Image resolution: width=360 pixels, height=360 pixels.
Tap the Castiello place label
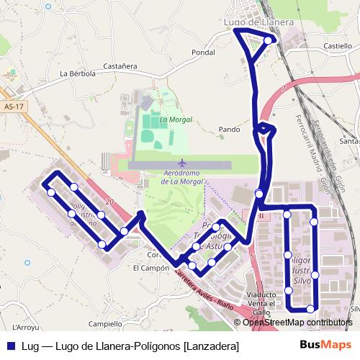[338, 45]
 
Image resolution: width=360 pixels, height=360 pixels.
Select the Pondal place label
[204, 53]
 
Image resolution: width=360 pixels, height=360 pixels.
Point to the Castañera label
[120, 66]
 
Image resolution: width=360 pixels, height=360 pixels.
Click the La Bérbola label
[76, 73]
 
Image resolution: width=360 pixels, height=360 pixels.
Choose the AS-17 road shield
[14, 107]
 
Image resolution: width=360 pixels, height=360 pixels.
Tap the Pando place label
[229, 130]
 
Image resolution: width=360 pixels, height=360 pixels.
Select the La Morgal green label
[173, 120]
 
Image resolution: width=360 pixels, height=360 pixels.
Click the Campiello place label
[105, 324]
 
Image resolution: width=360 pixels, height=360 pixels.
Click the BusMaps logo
[325, 345]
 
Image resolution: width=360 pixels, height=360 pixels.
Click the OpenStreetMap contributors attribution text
[297, 322]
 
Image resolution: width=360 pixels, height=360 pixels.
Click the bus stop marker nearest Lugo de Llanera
[268, 41]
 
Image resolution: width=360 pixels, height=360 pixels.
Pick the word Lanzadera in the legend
[211, 346]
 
